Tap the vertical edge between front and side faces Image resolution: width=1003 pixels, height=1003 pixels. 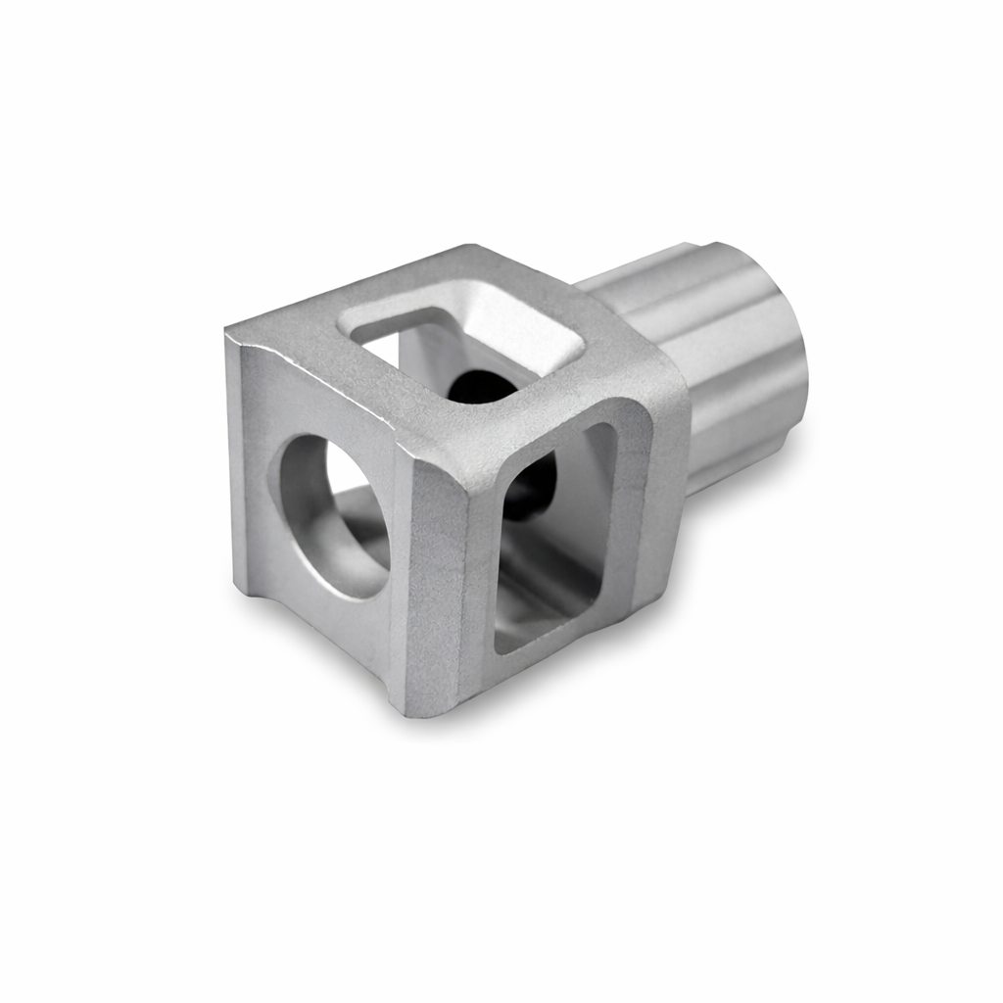pyautogui.click(x=402, y=578)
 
